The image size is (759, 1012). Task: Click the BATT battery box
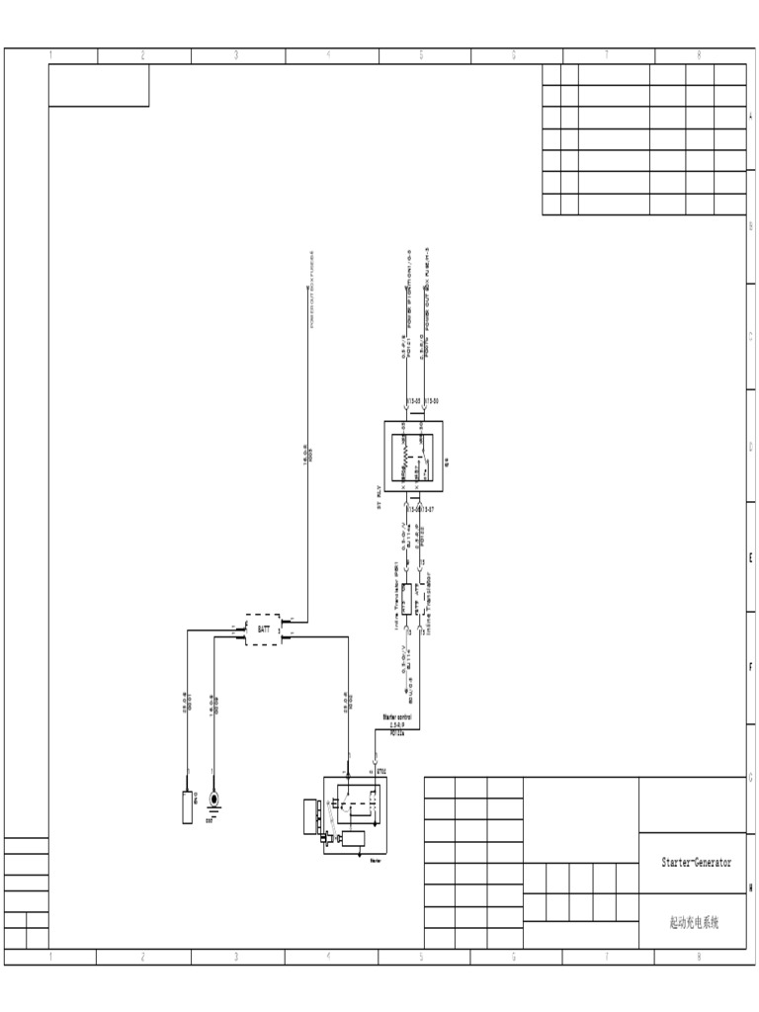coord(263,630)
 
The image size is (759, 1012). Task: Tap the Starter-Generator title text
coord(696,862)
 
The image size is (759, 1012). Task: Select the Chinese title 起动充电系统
coord(694,922)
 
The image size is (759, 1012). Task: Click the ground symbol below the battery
coord(213,799)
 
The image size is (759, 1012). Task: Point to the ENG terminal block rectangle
coord(187,806)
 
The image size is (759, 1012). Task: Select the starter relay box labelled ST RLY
coord(413,455)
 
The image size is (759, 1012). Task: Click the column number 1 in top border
coord(51,55)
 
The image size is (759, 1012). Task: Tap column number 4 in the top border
coord(328,55)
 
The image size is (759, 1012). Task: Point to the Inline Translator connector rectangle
coord(405,600)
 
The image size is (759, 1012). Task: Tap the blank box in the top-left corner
coord(99,86)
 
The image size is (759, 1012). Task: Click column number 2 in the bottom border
coord(143,957)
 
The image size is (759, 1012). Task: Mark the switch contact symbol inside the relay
coord(423,457)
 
